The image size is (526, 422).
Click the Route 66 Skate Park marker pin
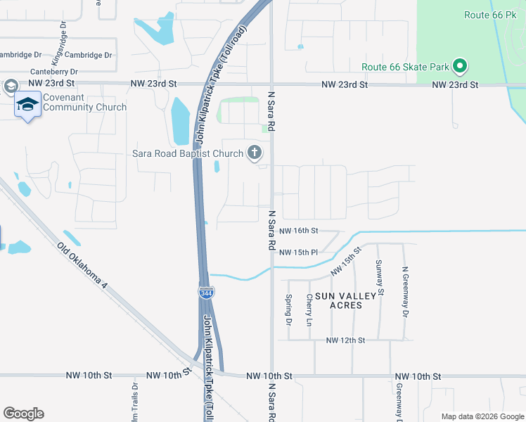(461, 67)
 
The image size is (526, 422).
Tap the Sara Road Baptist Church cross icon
(255, 153)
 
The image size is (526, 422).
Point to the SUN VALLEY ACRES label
(339, 300)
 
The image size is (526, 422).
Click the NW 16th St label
(299, 231)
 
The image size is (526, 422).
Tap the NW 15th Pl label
(299, 252)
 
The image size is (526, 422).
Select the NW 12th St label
(345, 340)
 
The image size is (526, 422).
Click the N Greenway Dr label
(405, 291)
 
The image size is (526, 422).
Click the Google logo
(23, 414)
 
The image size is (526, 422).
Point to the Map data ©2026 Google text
(482, 416)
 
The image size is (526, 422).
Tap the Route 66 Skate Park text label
(405, 68)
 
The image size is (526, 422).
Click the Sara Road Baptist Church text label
(187, 153)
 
